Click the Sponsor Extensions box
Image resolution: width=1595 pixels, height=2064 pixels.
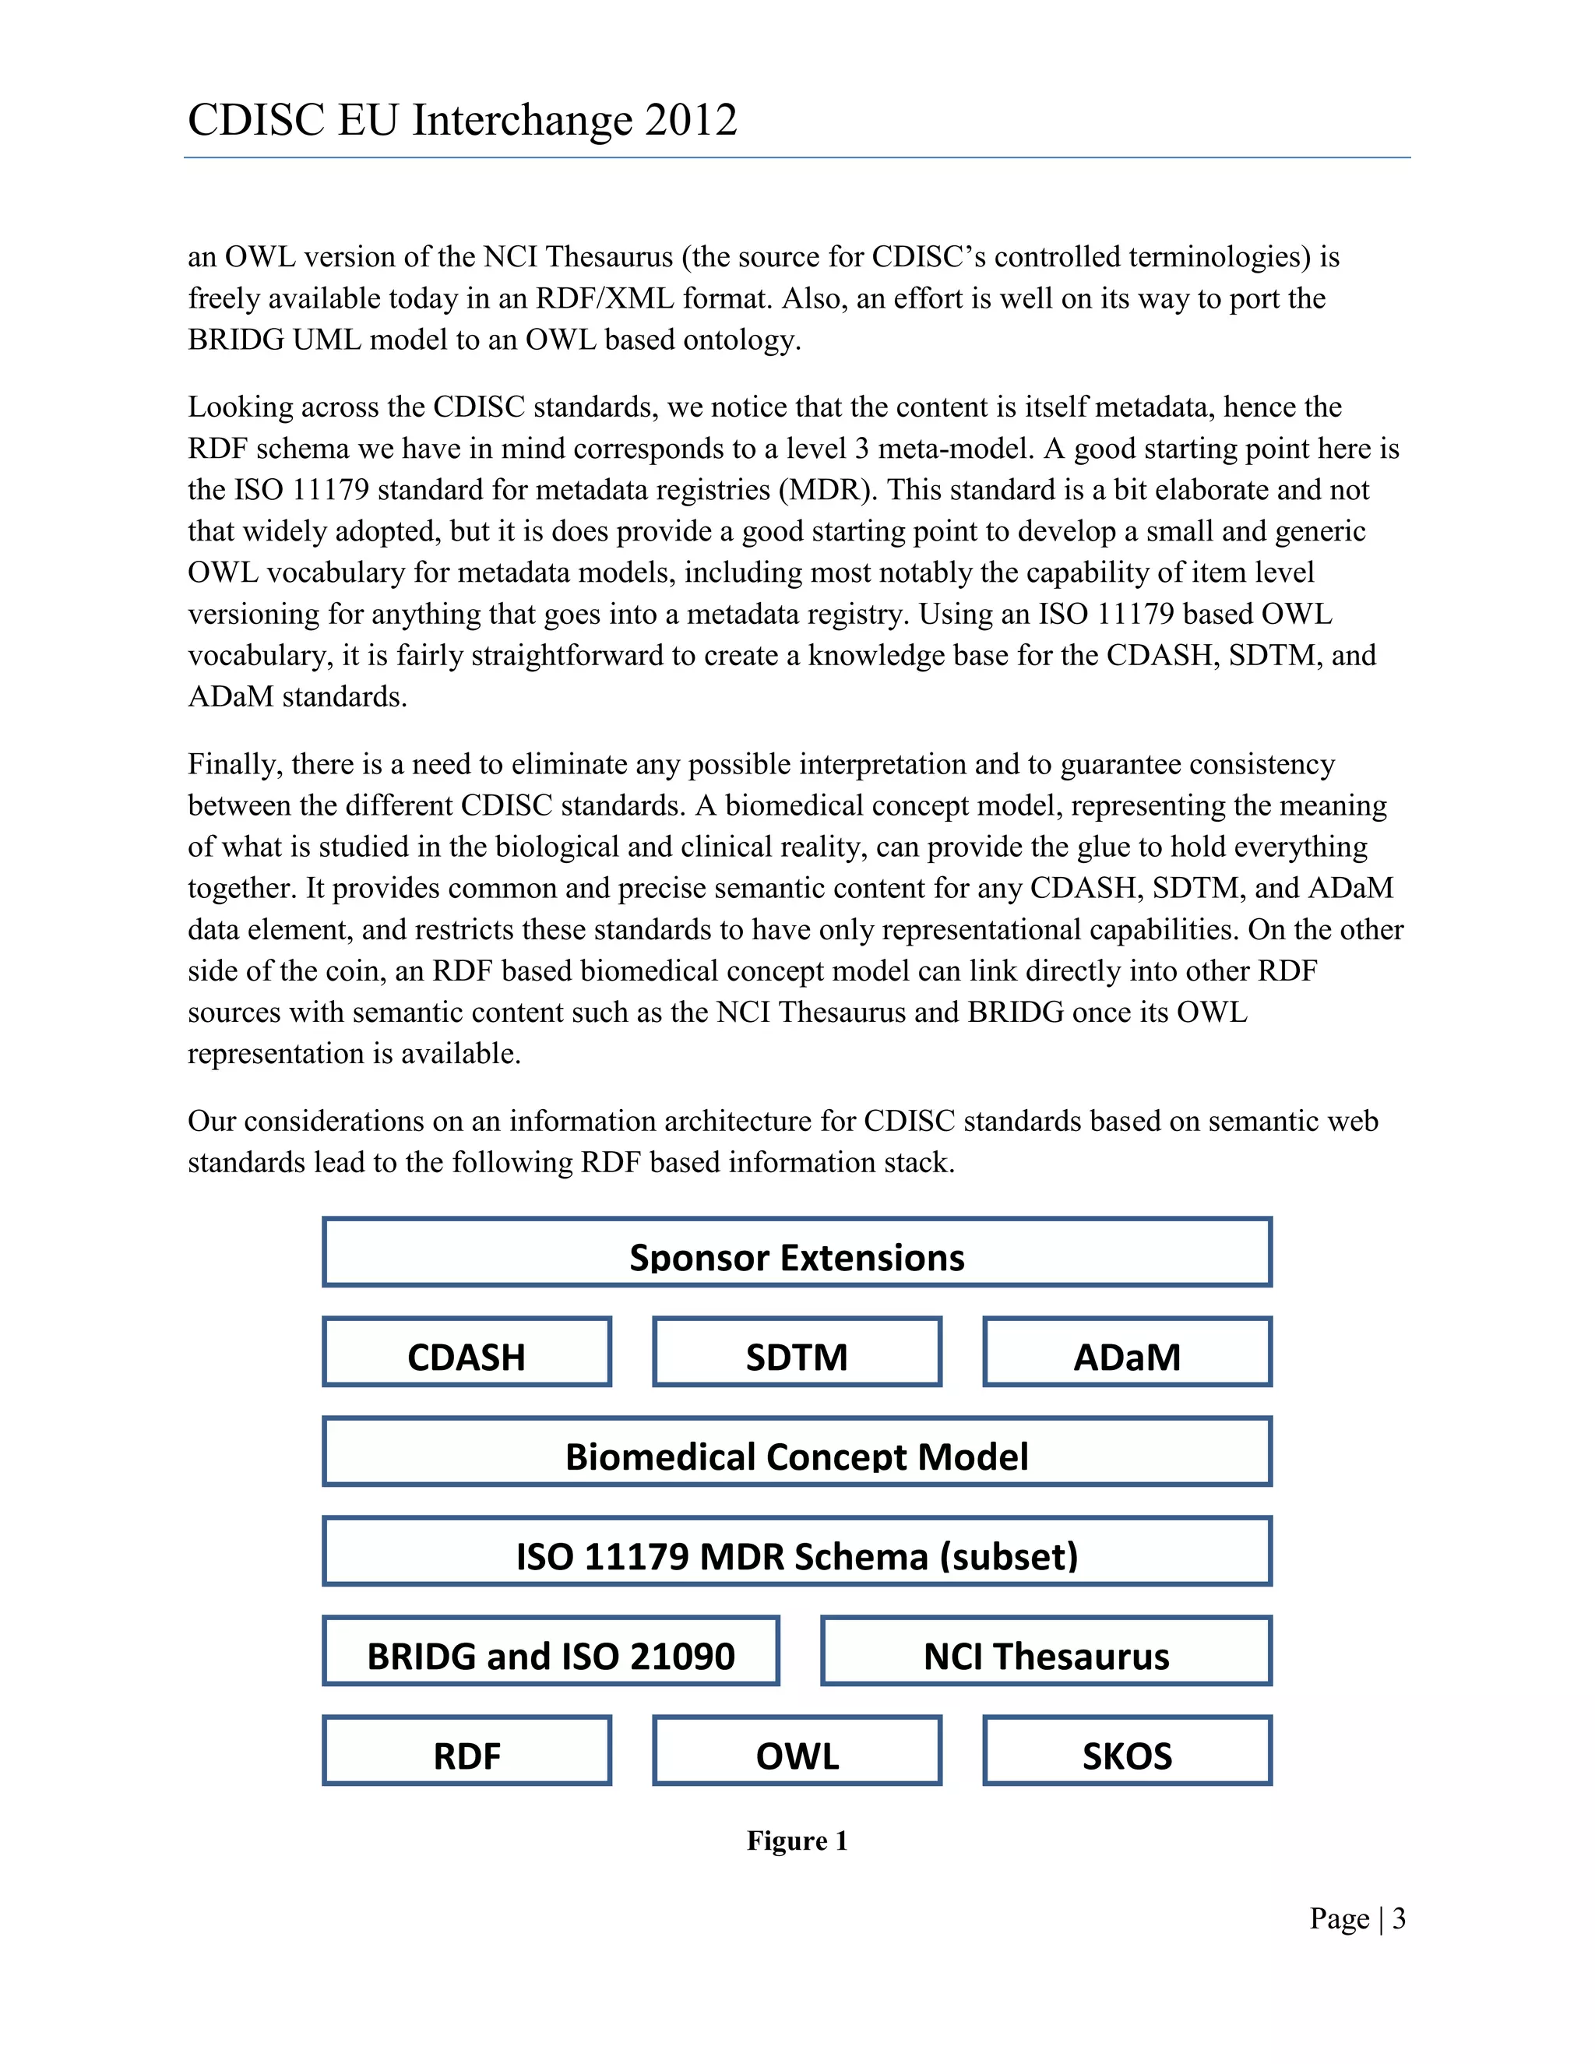click(797, 1252)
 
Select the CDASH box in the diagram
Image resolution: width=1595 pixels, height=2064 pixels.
click(467, 1352)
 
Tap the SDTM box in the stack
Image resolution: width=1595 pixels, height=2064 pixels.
click(797, 1352)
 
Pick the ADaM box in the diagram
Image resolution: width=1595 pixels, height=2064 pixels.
click(1126, 1352)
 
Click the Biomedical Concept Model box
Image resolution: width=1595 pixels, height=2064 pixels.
click(797, 1452)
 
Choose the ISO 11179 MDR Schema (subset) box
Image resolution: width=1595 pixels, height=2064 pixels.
click(797, 1552)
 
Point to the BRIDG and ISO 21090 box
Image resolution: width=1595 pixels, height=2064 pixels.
click(551, 1651)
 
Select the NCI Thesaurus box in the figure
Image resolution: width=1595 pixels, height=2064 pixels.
click(1046, 1651)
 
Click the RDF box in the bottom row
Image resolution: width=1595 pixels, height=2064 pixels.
click(467, 1751)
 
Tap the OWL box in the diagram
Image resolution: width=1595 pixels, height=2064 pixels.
click(797, 1751)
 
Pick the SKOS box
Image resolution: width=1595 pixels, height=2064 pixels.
click(1126, 1751)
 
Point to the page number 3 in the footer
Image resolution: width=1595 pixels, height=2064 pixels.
click(1399, 1918)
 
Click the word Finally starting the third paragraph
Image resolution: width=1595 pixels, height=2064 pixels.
click(234, 763)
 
